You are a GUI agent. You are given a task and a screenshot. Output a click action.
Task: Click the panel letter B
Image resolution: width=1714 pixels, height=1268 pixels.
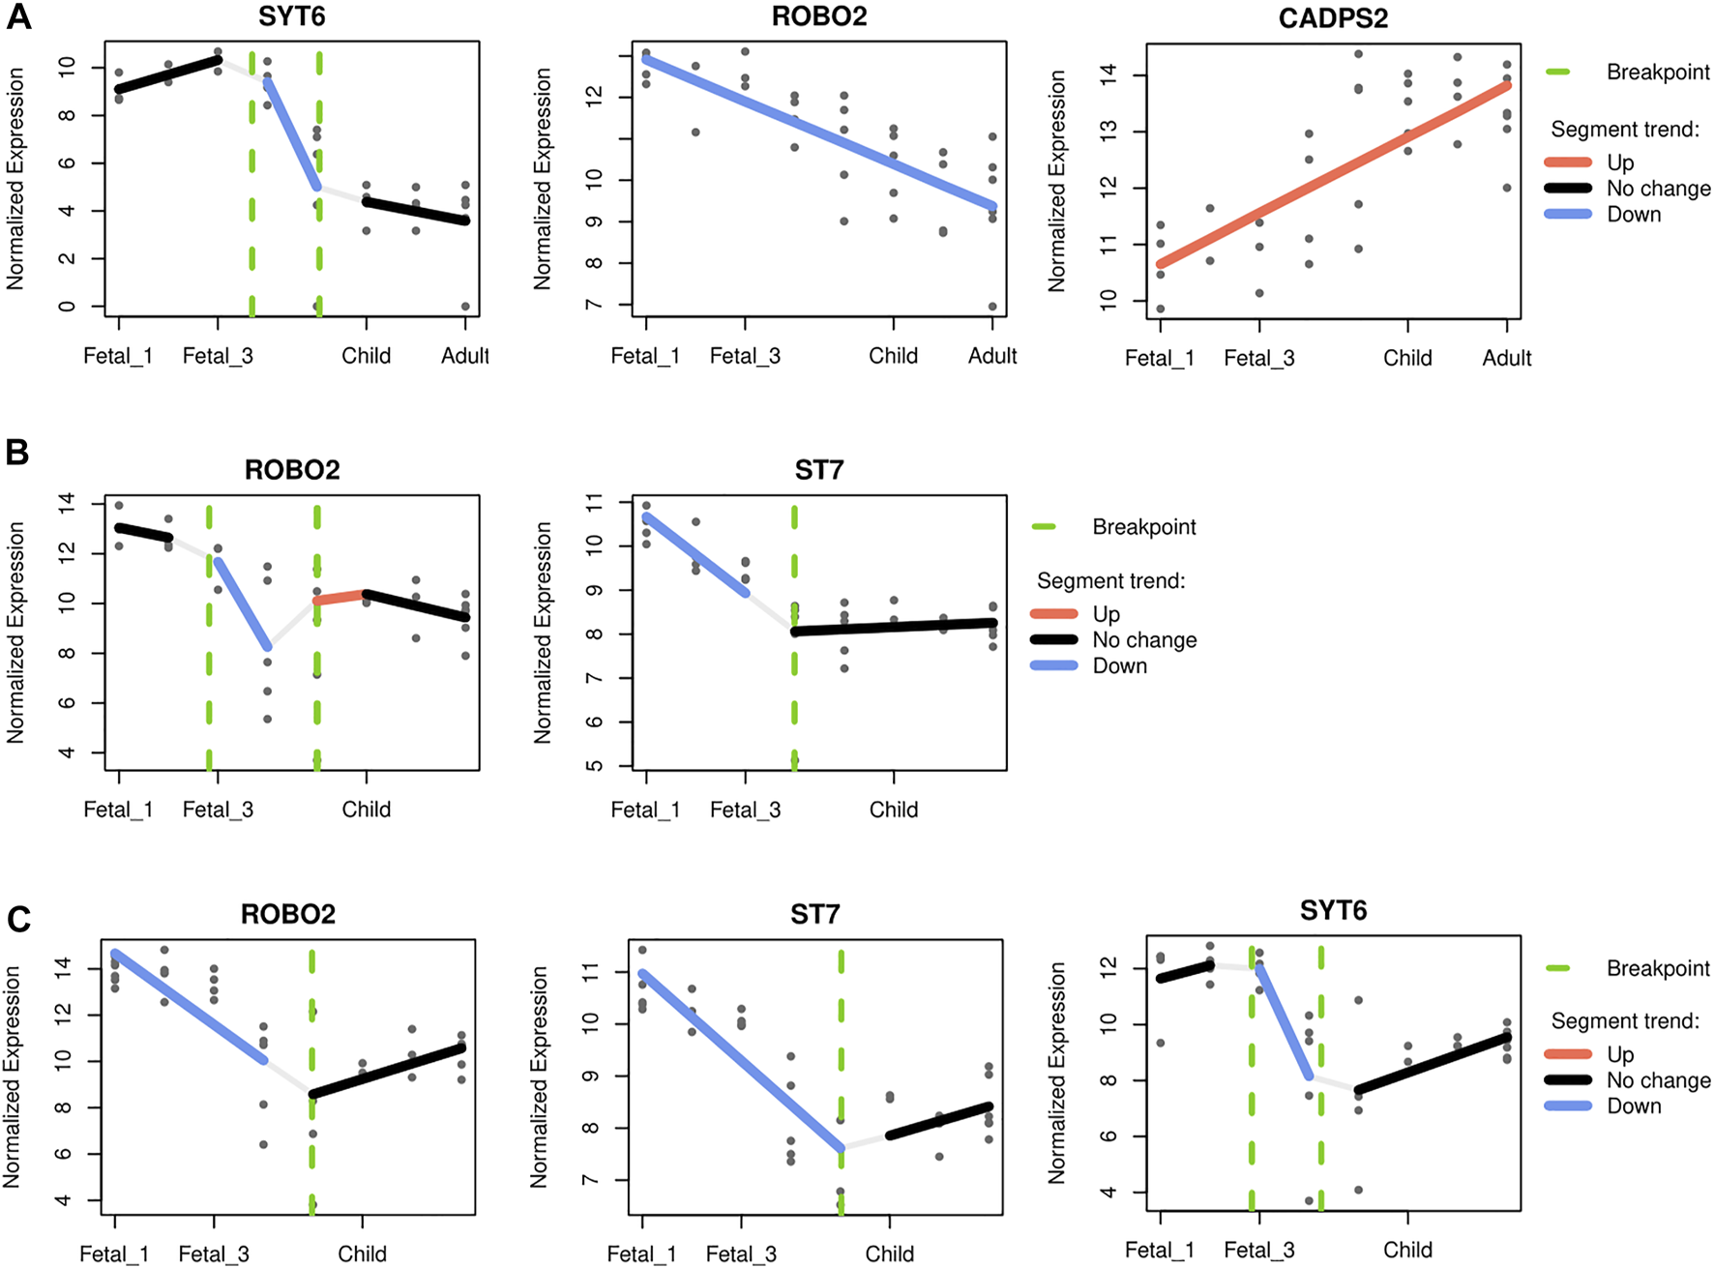pyautogui.click(x=16, y=452)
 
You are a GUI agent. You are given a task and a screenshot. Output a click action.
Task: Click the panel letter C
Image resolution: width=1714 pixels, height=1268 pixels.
pyautogui.click(x=18, y=919)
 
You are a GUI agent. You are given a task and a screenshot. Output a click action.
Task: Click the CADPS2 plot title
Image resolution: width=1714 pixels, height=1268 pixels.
pyautogui.click(x=1333, y=18)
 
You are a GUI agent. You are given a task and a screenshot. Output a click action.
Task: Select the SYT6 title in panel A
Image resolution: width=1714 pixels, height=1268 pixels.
pyautogui.click(x=291, y=16)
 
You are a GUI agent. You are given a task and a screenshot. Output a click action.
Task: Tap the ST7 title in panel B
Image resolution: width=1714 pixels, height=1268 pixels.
pyautogui.click(x=818, y=470)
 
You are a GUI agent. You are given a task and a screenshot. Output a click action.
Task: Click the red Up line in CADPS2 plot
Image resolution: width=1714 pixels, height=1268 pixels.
pyautogui.click(x=1335, y=174)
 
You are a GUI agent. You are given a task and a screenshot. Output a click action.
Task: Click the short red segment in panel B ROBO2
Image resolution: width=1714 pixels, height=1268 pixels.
pyautogui.click(x=340, y=597)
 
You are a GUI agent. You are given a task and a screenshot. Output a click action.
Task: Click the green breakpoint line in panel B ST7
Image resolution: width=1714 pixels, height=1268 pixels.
pyautogui.click(x=794, y=677)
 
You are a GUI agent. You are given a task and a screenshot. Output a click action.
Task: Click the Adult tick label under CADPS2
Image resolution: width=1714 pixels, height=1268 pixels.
pyautogui.click(x=1506, y=358)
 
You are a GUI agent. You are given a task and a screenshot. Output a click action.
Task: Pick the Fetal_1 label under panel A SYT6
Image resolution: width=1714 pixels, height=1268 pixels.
pyautogui.click(x=118, y=356)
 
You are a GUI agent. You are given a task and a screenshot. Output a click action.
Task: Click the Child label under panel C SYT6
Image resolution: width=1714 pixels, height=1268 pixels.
pyautogui.click(x=1407, y=1250)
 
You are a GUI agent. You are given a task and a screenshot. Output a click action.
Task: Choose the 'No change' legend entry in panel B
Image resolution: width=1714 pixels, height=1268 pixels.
pyautogui.click(x=1144, y=640)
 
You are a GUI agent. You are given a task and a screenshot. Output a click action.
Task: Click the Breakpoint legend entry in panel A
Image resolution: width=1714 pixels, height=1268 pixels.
pyautogui.click(x=1657, y=73)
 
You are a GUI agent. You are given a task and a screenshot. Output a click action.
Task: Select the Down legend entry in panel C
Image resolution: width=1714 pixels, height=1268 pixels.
pyautogui.click(x=1634, y=1106)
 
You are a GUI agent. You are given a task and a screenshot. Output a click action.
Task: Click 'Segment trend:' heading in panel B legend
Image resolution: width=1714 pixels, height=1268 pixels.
pyautogui.click(x=1110, y=581)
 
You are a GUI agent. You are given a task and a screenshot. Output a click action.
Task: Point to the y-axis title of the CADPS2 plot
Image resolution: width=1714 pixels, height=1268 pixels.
pyautogui.click(x=1056, y=181)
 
